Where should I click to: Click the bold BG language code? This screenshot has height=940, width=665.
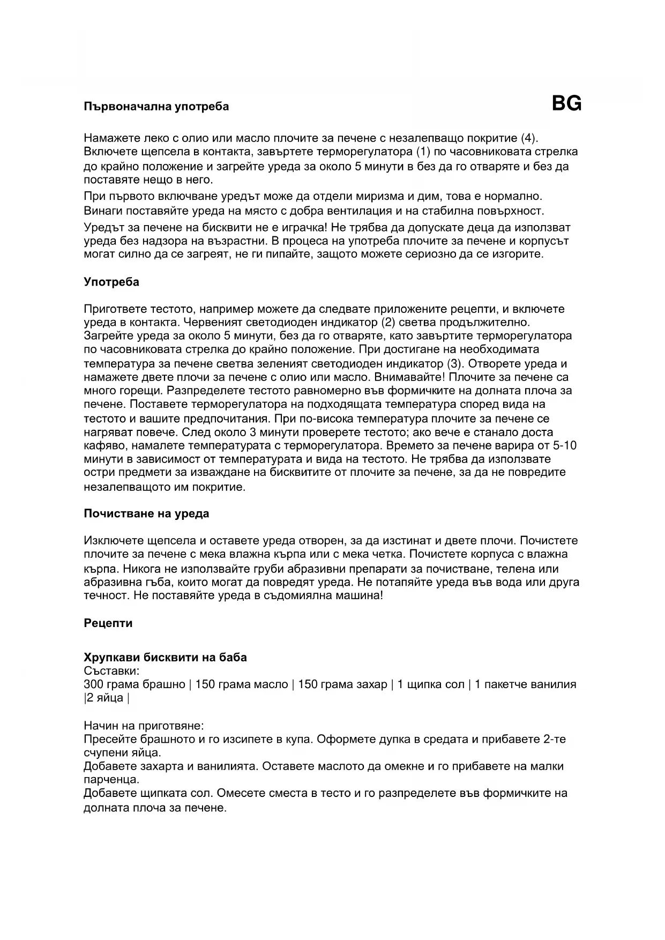click(x=566, y=103)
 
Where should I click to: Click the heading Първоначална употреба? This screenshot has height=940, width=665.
click(x=156, y=107)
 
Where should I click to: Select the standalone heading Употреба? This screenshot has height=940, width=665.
click(x=111, y=282)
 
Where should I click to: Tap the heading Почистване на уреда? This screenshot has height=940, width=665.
click(x=146, y=514)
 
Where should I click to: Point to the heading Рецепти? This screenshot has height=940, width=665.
click(x=108, y=623)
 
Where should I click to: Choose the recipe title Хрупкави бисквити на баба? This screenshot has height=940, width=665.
click(x=165, y=658)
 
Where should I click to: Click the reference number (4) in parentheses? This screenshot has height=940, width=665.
click(x=528, y=138)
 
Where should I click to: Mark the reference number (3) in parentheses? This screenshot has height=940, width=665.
click(x=454, y=364)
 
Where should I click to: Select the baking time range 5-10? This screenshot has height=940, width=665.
click(x=564, y=445)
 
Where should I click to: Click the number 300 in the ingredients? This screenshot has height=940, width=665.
click(x=94, y=684)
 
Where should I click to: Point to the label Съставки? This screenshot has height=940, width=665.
click(x=111, y=671)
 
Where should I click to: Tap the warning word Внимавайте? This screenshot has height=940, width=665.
click(x=409, y=377)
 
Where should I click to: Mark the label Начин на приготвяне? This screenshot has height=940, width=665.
click(x=144, y=726)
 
